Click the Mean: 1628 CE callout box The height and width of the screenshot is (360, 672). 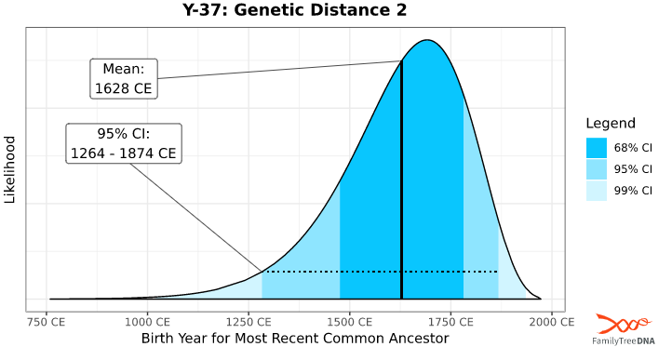click(x=124, y=78)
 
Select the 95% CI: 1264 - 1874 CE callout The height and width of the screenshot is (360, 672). click(x=124, y=142)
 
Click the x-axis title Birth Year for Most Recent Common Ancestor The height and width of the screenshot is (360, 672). click(x=294, y=338)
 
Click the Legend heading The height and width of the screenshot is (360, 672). click(x=611, y=124)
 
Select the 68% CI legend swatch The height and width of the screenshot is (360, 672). click(x=597, y=147)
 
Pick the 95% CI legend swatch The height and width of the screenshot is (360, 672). click(x=597, y=169)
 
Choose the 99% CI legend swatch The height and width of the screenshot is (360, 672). click(x=597, y=191)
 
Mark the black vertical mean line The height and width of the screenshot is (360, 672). click(x=401, y=186)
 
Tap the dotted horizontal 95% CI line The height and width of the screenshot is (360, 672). click(x=372, y=272)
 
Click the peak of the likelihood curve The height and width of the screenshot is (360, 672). click(x=427, y=40)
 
